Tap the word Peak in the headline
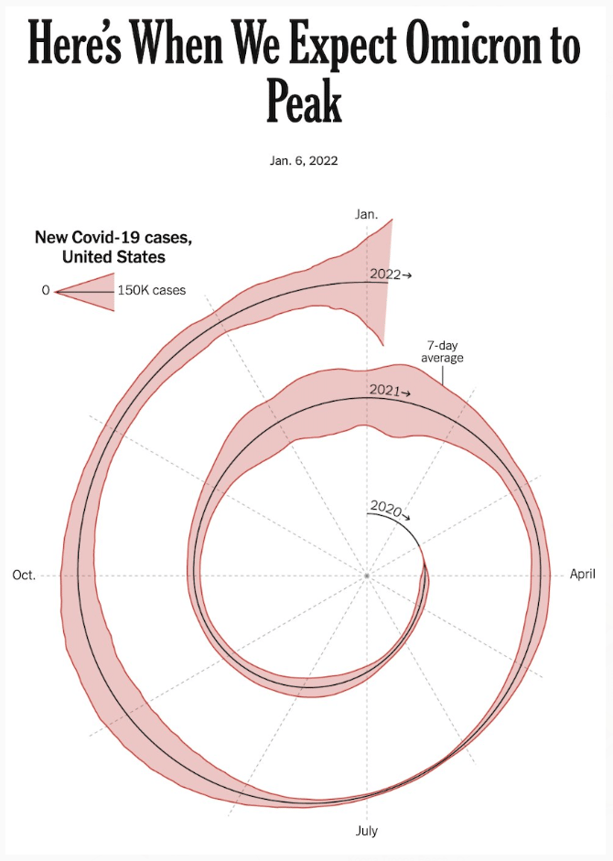(305, 101)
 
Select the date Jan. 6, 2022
(305, 161)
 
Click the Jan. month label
(366, 213)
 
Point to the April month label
(582, 575)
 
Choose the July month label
(366, 831)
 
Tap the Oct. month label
(24, 576)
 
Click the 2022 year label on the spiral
(384, 274)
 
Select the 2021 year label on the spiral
(383, 391)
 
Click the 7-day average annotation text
(442, 351)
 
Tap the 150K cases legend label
(152, 291)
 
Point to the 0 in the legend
(45, 291)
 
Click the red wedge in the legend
(91, 291)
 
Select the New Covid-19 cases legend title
(113, 238)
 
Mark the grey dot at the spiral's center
(366, 576)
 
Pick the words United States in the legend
(113, 257)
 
